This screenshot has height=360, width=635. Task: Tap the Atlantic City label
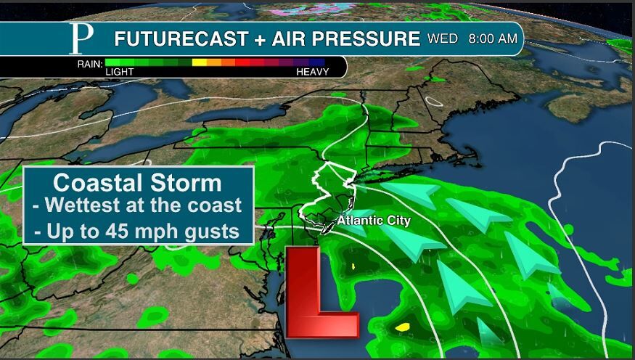pyautogui.click(x=374, y=221)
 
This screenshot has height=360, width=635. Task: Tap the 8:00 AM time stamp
pyautogui.click(x=493, y=38)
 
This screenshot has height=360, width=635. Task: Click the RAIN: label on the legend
pyautogui.click(x=89, y=63)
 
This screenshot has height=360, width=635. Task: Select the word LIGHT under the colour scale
pyautogui.click(x=119, y=73)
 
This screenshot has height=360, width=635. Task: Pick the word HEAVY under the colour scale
pyautogui.click(x=312, y=73)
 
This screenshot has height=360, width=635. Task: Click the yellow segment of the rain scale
pyautogui.click(x=199, y=63)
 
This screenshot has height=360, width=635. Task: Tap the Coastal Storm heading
pyautogui.click(x=137, y=181)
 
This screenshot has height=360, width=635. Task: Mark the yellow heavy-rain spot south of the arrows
pyautogui.click(x=402, y=327)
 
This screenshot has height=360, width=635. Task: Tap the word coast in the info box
pyautogui.click(x=217, y=205)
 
